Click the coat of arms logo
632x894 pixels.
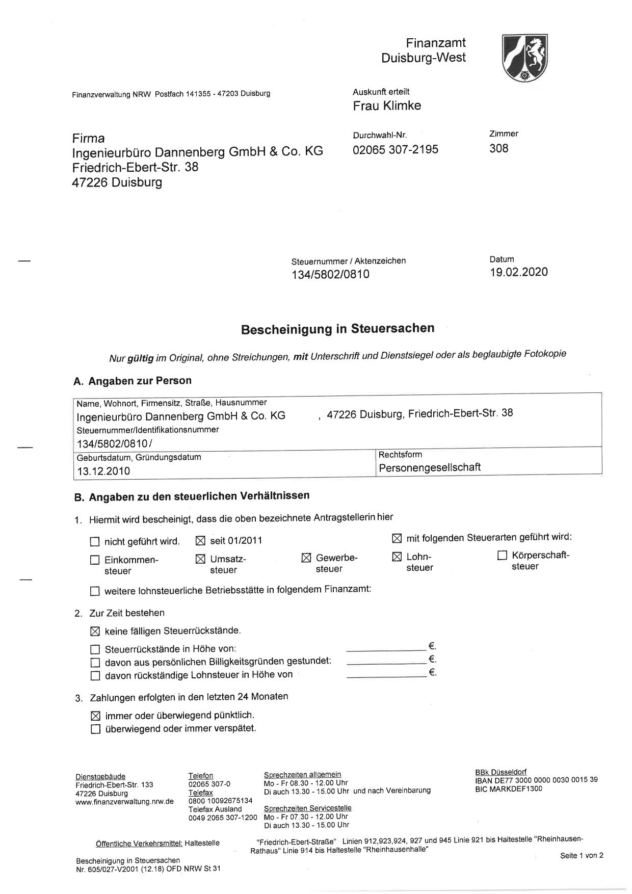(x=524, y=58)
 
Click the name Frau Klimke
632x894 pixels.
(x=387, y=106)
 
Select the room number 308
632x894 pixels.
(x=498, y=148)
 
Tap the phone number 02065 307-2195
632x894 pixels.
(x=395, y=149)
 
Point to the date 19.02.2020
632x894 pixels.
(x=519, y=272)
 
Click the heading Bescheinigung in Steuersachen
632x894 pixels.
(x=337, y=329)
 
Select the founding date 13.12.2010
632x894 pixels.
(x=103, y=471)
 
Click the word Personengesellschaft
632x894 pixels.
(x=430, y=467)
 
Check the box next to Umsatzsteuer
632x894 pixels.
(x=200, y=559)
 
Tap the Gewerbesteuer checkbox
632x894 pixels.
(x=306, y=558)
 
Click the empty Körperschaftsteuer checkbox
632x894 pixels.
(x=502, y=555)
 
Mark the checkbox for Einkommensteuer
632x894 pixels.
(x=95, y=560)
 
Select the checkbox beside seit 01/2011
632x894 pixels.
(x=200, y=540)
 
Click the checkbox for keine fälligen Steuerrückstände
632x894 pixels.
(x=95, y=632)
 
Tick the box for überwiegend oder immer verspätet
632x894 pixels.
(x=95, y=729)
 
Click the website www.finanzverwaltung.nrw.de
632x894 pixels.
(x=124, y=802)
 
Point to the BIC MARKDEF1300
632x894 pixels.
(x=508, y=789)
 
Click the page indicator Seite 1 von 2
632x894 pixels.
(x=581, y=855)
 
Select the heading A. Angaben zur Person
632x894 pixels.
(x=133, y=381)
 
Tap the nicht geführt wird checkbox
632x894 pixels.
(x=95, y=542)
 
